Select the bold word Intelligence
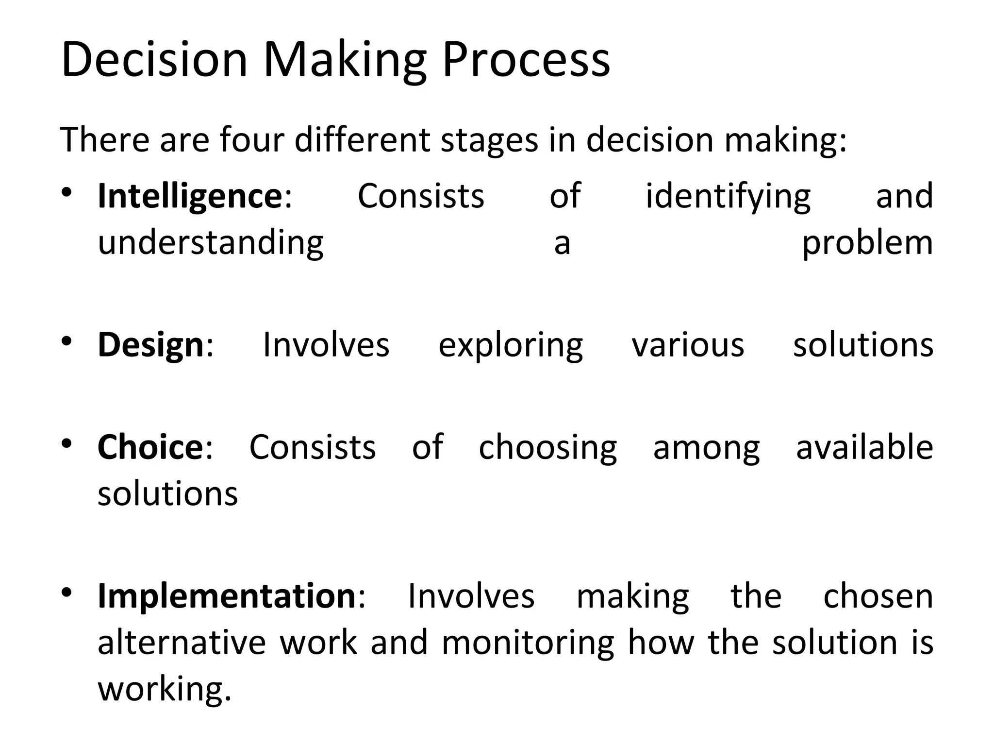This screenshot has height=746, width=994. pyautogui.click(x=190, y=196)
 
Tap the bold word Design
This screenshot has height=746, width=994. pyautogui.click(x=150, y=345)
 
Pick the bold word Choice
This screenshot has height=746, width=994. pyautogui.click(x=150, y=447)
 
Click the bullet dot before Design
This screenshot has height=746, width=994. pyautogui.click(x=67, y=341)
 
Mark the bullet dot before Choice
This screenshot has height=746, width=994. pyautogui.click(x=67, y=443)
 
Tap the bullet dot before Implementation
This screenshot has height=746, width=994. pyautogui.click(x=67, y=592)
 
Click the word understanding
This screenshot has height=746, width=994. pyautogui.click(x=211, y=243)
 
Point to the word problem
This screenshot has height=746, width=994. pyautogui.click(x=867, y=243)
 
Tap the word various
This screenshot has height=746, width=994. pyautogui.click(x=688, y=345)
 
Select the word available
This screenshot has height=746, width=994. pyautogui.click(x=864, y=447)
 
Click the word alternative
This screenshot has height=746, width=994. pyautogui.click(x=182, y=643)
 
